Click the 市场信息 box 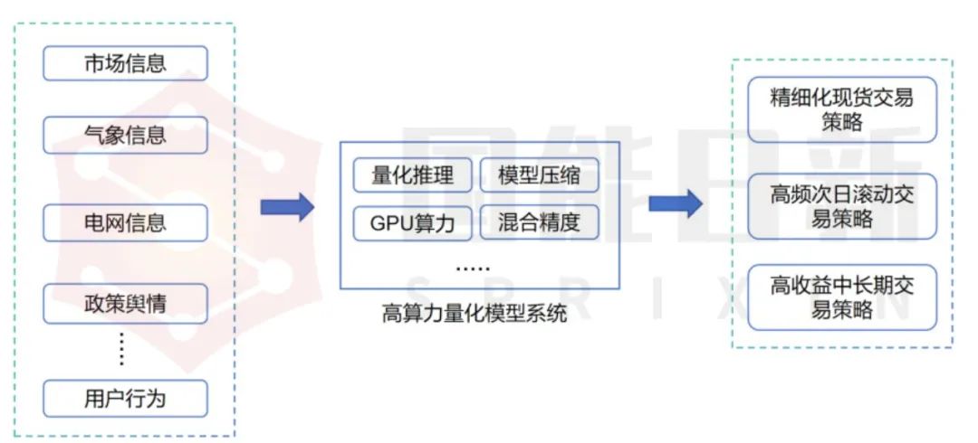125,63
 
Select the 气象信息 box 125,135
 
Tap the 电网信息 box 125,222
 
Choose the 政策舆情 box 125,304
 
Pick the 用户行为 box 125,399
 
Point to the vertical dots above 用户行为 121,349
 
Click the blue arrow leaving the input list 288,207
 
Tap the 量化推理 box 412,175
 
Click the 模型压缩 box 539,175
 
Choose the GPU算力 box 412,223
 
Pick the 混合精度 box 539,222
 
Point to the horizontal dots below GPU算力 473,269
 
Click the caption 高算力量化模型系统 475,314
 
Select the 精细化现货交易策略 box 842,109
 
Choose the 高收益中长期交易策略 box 842,297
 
